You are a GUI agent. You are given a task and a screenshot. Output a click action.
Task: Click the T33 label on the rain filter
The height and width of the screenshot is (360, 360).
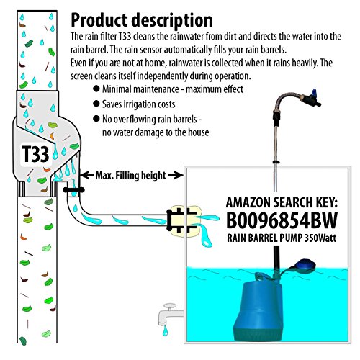(x=35, y=154)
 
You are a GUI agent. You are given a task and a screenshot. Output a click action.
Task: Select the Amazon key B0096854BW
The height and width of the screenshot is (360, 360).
(x=282, y=220)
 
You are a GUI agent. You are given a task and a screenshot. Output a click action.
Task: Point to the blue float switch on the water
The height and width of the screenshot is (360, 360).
(x=305, y=266)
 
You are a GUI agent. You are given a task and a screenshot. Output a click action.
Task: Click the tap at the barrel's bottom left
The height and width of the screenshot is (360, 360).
(x=170, y=313)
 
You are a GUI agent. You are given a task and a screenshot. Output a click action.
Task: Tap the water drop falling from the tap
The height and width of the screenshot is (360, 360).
(x=165, y=330)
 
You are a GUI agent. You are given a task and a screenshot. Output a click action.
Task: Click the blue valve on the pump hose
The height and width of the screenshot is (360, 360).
(x=311, y=98)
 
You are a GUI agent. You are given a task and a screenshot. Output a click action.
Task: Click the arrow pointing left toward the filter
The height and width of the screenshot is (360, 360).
(x=86, y=175)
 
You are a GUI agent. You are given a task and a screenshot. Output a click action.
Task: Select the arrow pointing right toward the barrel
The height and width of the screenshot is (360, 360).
(x=176, y=175)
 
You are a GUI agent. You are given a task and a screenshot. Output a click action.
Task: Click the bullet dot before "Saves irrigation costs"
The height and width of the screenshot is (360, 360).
(x=96, y=104)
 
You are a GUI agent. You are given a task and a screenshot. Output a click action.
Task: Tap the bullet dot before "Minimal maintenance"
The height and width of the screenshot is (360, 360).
(x=96, y=89)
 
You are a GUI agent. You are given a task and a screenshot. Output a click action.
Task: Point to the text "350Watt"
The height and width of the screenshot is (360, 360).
(x=320, y=238)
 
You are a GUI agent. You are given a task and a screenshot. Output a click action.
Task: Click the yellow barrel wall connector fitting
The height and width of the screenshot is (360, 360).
(x=184, y=221)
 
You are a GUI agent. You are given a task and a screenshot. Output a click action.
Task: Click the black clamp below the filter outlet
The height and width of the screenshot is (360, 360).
(x=73, y=190)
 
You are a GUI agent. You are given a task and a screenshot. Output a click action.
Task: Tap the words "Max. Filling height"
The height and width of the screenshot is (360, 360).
(x=131, y=176)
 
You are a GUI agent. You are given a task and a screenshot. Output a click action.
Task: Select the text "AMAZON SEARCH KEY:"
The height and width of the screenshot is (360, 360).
(x=282, y=202)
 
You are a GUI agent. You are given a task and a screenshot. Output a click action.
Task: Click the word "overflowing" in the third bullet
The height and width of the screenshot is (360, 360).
(x=150, y=120)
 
